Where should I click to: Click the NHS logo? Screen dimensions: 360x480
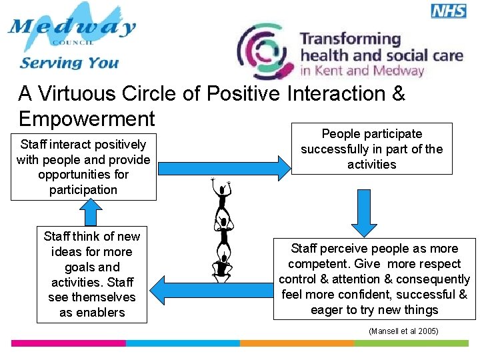pyautogui.click(x=449, y=11)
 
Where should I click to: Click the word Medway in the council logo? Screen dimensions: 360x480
pyautogui.click(x=72, y=28)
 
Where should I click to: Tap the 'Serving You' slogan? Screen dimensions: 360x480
pyautogui.click(x=69, y=63)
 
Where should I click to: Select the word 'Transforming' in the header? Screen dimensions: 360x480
pyautogui.click(x=350, y=39)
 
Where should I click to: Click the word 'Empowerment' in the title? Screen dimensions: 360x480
pyautogui.click(x=87, y=119)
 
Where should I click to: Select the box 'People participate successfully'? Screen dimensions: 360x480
pyautogui.click(x=371, y=149)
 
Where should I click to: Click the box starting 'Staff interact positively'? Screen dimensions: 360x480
pyautogui.click(x=83, y=167)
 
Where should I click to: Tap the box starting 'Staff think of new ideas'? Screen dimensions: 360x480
pyautogui.click(x=92, y=274)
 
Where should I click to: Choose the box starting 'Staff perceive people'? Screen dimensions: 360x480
pyautogui.click(x=374, y=279)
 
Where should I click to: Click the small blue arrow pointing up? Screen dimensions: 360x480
pyautogui.click(x=89, y=213)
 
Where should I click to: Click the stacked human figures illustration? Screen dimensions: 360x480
pyautogui.click(x=221, y=230)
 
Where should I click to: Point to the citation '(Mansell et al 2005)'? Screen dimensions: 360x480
pyautogui.click(x=403, y=331)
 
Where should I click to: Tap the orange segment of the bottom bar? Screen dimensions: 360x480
pyautogui.click(x=296, y=343)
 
